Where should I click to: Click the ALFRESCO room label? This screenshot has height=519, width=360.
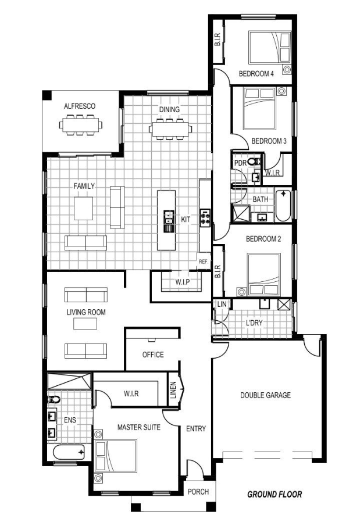80,106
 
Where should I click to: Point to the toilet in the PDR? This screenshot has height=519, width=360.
254,162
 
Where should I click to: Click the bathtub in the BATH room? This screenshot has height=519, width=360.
283,206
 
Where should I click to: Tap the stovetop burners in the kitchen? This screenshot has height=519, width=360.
205,217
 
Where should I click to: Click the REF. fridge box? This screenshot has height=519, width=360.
204,262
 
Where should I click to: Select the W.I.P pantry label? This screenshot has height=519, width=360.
183,282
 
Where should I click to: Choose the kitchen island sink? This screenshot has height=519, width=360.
169,217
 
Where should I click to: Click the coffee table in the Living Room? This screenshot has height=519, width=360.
85,324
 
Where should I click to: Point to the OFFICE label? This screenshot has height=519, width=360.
153,355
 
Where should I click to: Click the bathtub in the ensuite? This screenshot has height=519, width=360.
69,452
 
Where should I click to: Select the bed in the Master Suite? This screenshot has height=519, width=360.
116,456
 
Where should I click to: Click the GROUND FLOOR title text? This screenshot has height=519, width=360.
275,495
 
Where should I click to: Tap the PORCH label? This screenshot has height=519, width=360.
198,492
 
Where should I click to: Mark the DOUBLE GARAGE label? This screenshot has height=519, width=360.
266,395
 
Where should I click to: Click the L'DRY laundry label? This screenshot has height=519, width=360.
254,323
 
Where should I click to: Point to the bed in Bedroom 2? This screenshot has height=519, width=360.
264,274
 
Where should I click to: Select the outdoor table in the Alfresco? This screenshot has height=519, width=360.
80,125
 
